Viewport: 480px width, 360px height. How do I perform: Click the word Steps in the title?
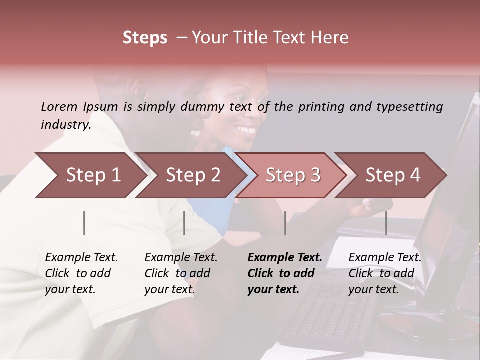point(145,38)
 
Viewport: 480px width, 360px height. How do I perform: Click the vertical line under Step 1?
point(84,223)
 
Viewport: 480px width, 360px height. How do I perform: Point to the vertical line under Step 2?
point(184,223)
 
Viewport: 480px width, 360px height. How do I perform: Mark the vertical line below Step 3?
point(285,223)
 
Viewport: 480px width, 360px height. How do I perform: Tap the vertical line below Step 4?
point(386,223)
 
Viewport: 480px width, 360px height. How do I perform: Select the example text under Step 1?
point(81,273)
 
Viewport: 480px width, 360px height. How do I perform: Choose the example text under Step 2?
point(181,273)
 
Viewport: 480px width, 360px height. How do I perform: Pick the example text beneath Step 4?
point(385,273)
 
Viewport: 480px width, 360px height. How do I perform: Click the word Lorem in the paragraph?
point(59,106)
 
